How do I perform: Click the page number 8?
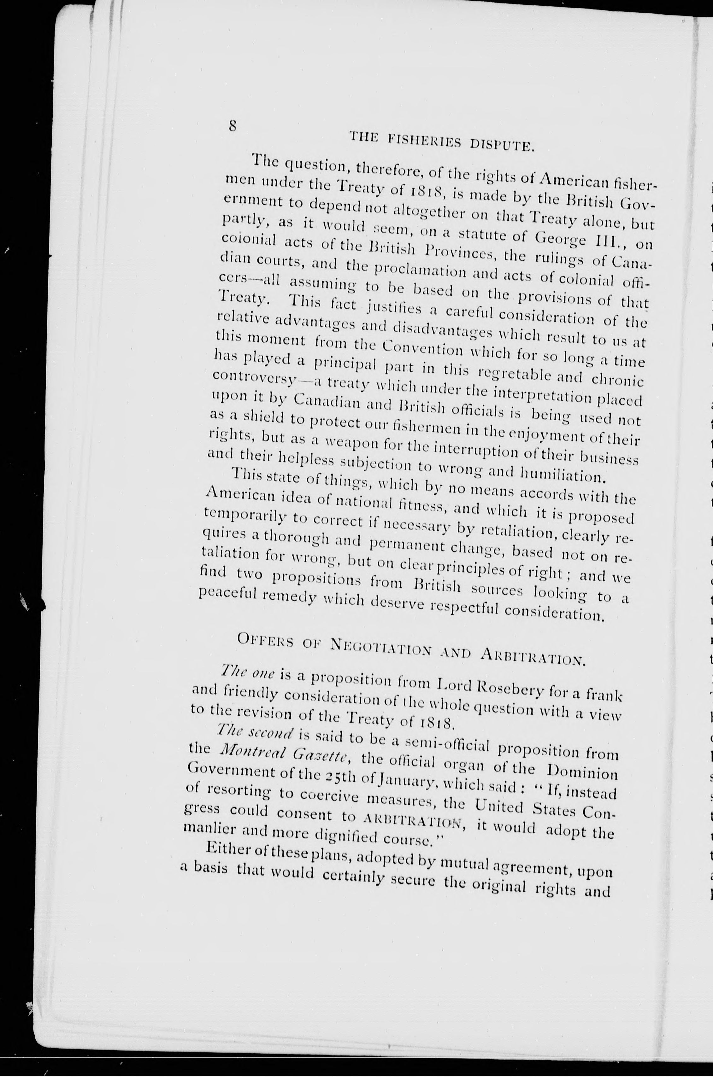(x=233, y=125)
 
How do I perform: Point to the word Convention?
(x=421, y=349)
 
